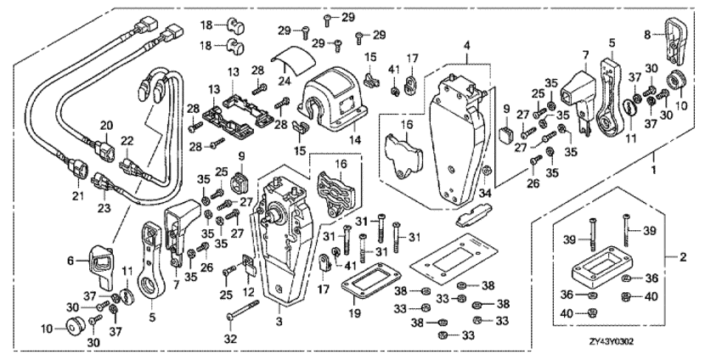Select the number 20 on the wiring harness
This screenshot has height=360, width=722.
[106, 125]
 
